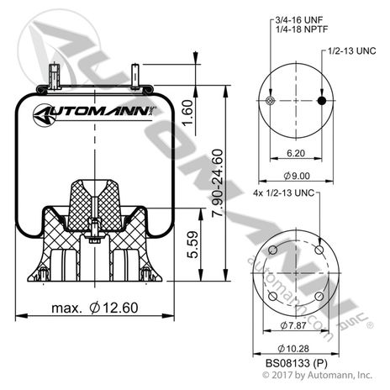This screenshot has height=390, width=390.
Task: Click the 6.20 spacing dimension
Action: [296, 155]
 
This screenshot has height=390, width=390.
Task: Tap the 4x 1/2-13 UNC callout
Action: [284, 194]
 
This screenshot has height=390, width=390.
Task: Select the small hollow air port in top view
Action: [269, 102]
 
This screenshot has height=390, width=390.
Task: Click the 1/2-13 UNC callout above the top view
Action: [349, 50]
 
